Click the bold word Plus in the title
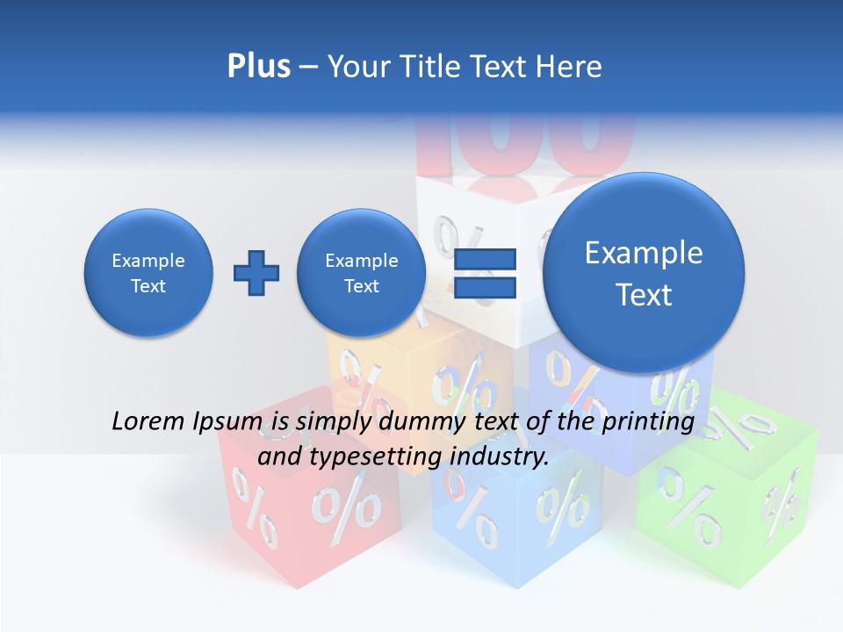click(x=258, y=67)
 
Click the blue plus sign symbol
click(x=256, y=273)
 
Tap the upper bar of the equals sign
click(x=485, y=258)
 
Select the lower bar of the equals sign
click(x=485, y=287)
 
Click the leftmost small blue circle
click(x=148, y=273)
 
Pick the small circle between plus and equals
click(x=361, y=273)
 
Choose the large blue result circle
click(x=644, y=273)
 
